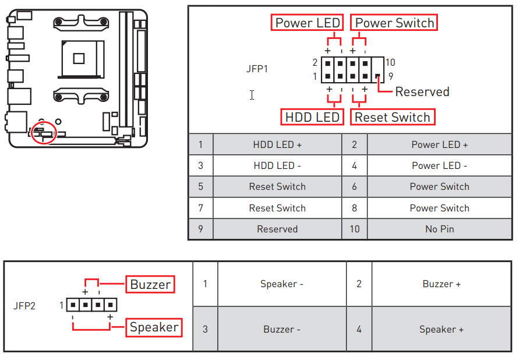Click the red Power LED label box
click(x=308, y=23)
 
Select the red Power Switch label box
click(x=394, y=23)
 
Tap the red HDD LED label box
click(x=312, y=117)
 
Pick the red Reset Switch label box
click(x=393, y=117)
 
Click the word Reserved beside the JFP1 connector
click(x=422, y=91)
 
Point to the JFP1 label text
click(x=257, y=68)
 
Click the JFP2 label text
click(x=24, y=305)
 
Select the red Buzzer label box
click(x=150, y=284)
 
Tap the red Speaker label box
click(x=154, y=327)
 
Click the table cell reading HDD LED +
click(x=277, y=144)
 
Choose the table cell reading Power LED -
click(x=439, y=165)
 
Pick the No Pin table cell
click(x=439, y=229)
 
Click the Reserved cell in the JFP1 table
click(x=277, y=229)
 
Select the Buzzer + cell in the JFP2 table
click(x=442, y=284)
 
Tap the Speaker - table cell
click(x=282, y=284)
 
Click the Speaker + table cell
click(x=442, y=329)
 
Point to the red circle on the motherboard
click(x=44, y=132)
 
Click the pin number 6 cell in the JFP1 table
click(x=354, y=186)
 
